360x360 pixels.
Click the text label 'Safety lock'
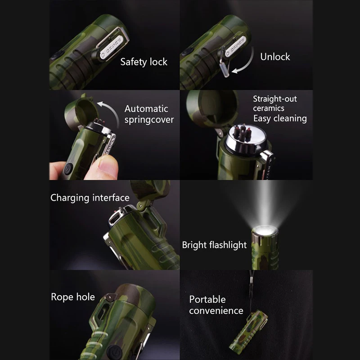[144, 62]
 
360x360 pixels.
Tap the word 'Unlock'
[275, 57]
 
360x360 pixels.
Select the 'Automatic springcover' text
[149, 114]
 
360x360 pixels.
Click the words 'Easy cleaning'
[280, 118]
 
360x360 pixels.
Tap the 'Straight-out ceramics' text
[275, 103]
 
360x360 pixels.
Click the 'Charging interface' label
[90, 198]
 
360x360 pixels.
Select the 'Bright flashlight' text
[214, 245]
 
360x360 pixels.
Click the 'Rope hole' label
[73, 297]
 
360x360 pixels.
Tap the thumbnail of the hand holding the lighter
[114, 135]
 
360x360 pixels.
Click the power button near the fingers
[68, 170]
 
